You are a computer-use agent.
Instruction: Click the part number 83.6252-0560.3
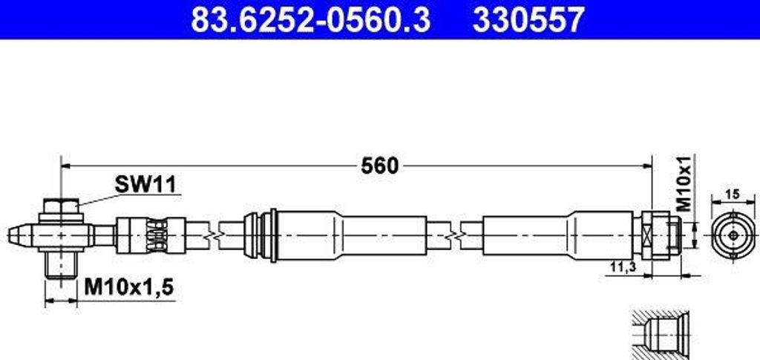[310, 20]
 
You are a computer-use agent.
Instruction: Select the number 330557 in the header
[528, 20]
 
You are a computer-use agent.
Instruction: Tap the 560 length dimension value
[379, 165]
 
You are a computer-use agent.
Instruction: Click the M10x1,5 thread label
[128, 287]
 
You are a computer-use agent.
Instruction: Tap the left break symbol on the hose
[214, 235]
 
